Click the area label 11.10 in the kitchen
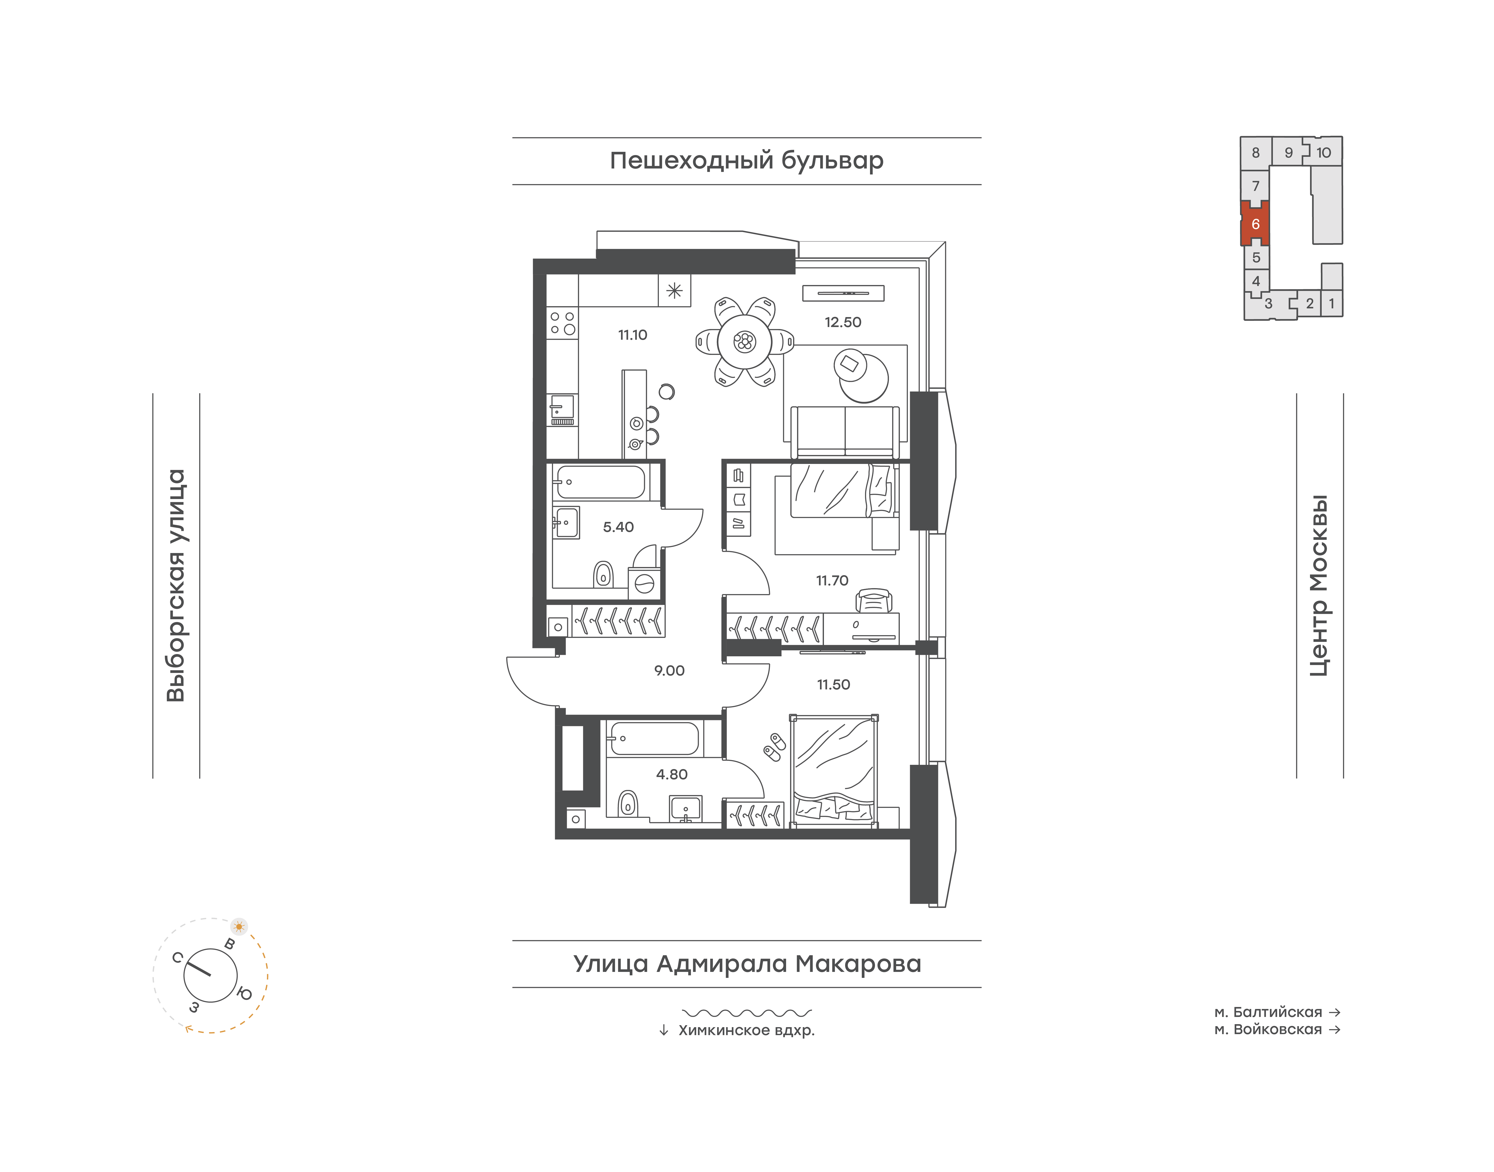pyautogui.click(x=632, y=335)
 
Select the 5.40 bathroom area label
pyautogui.click(x=618, y=527)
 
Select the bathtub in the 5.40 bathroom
pyautogui.click(x=600, y=482)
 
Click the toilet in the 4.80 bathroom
pyautogui.click(x=627, y=803)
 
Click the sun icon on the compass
pyautogui.click(x=239, y=926)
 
